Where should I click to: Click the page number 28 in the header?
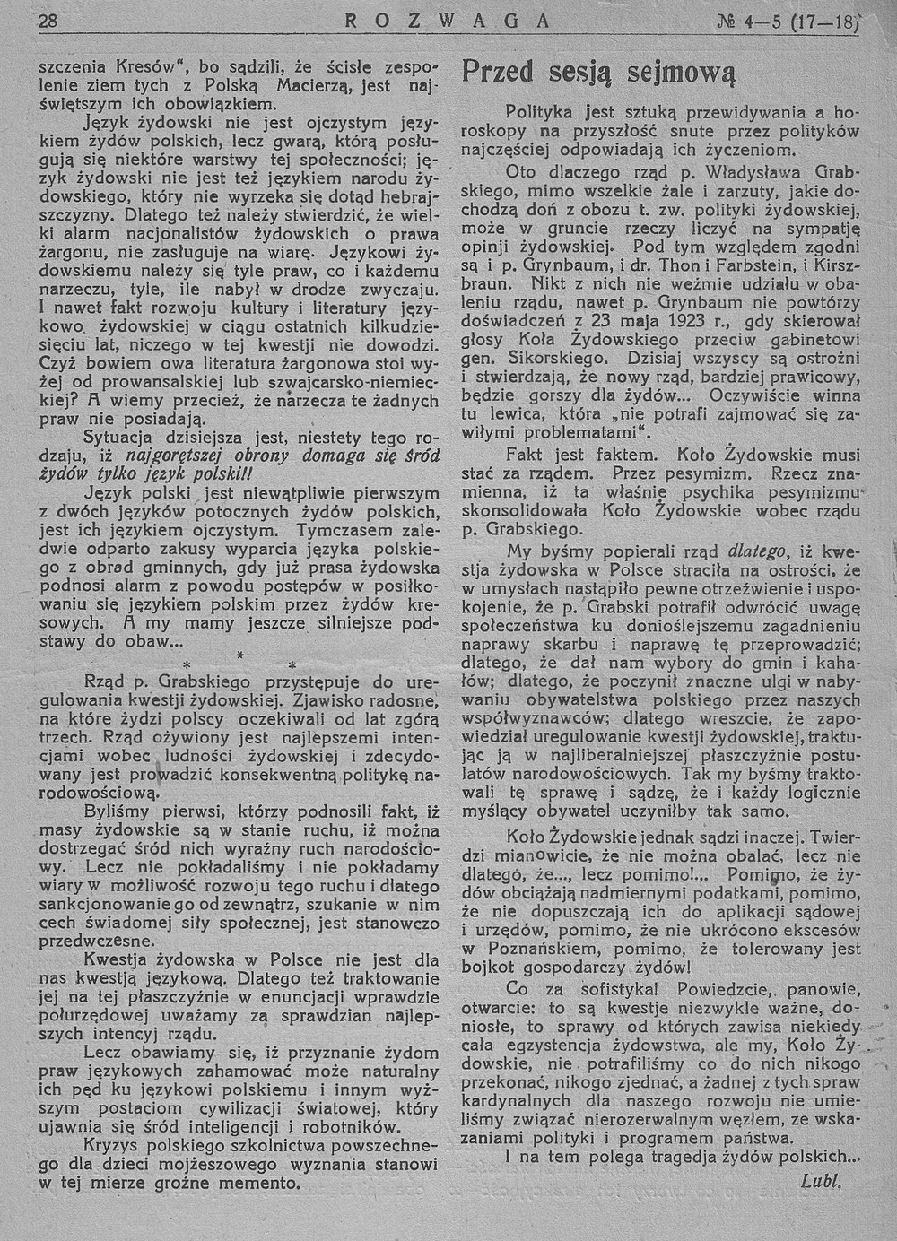tap(48, 24)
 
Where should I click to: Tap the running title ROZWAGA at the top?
tap(446, 22)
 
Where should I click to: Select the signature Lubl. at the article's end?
tap(821, 1181)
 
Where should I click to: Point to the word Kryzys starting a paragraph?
tap(110, 1145)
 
